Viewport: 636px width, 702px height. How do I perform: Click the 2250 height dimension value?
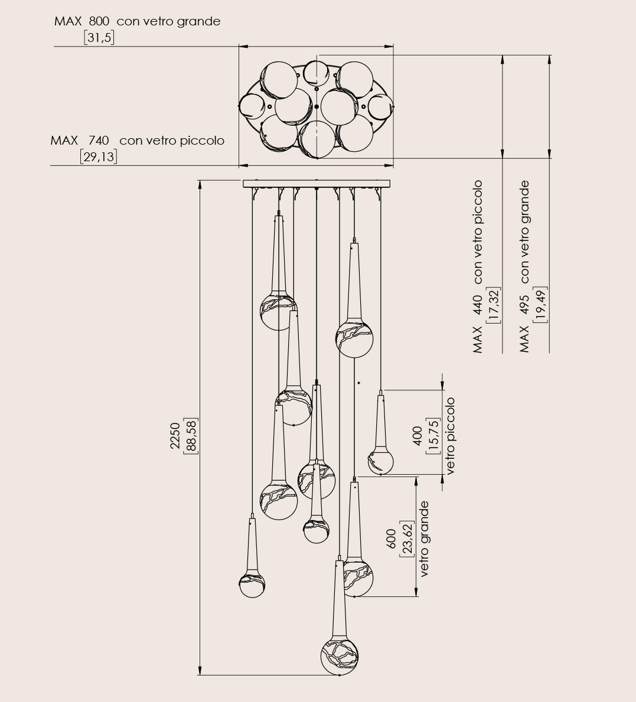[175, 436]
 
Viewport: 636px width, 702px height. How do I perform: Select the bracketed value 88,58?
[191, 436]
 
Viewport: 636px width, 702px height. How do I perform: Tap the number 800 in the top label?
[99, 22]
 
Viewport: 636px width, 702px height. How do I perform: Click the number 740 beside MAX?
[99, 141]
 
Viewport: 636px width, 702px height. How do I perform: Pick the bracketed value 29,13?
[99, 157]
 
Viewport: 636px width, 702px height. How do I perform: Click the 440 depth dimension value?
[478, 304]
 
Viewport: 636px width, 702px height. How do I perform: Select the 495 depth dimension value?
[524, 304]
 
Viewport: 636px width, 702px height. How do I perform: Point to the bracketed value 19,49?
[540, 304]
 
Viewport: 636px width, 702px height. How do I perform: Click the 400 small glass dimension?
[418, 436]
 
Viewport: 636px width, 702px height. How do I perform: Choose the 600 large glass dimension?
[392, 539]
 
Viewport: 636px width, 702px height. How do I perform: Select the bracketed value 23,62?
[407, 539]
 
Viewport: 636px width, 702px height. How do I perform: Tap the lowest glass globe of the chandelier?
[340, 655]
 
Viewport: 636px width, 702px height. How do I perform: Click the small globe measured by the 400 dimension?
[381, 461]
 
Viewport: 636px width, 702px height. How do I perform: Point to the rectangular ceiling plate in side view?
[317, 184]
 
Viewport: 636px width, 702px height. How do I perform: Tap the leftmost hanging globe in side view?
[252, 585]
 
